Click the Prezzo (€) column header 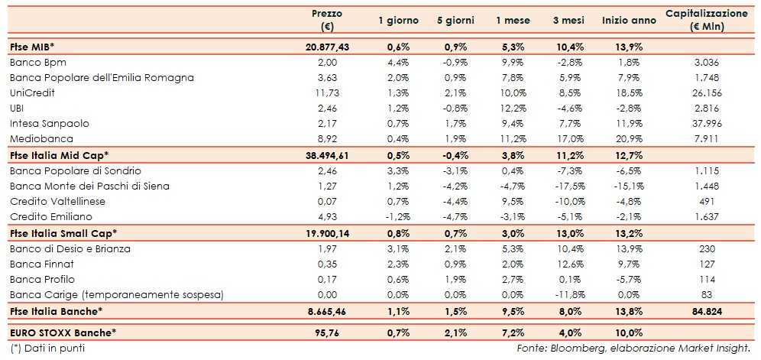327,20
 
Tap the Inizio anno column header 628,21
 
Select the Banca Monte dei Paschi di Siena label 89,186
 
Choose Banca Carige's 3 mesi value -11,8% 568,295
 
